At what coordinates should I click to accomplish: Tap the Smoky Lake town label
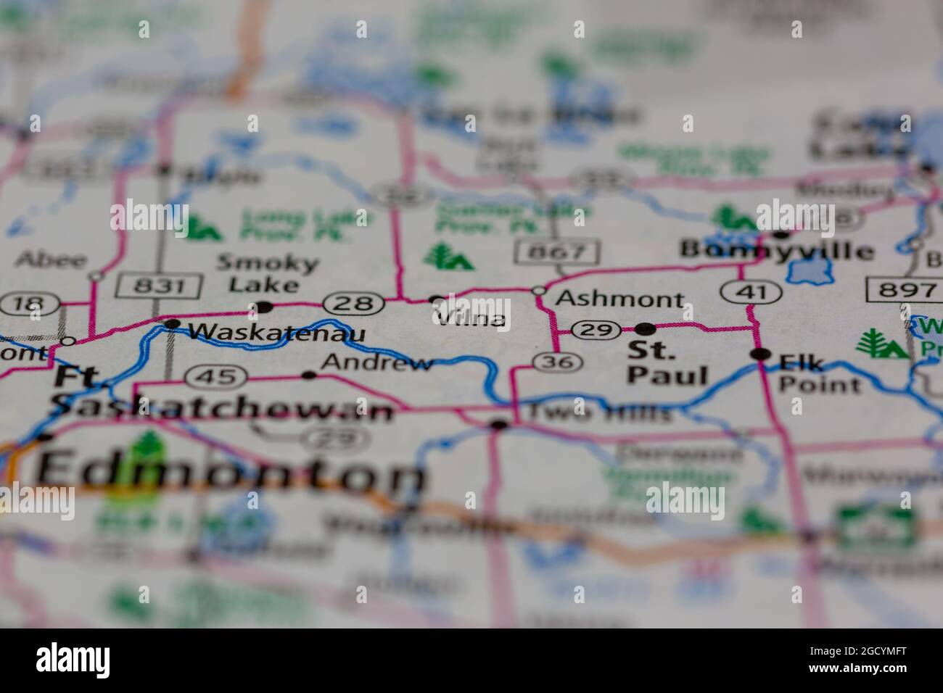point(267,273)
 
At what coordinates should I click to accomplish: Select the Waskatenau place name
point(276,332)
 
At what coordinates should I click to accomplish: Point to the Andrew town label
point(377,362)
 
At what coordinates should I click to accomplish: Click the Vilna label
point(470,318)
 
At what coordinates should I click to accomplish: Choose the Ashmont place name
point(619,299)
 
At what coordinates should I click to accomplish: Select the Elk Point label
point(819,373)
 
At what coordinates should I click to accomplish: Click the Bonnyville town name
point(776,251)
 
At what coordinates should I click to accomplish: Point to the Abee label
point(50,259)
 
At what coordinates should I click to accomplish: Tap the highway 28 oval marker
point(353,302)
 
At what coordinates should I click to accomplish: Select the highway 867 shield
point(557,252)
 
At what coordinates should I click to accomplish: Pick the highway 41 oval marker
point(751,292)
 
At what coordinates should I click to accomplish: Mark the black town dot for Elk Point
point(760,354)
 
